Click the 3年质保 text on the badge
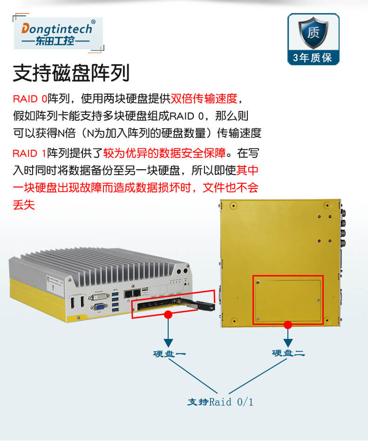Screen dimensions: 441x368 click(313, 58)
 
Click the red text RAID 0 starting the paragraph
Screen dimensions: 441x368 click(30, 99)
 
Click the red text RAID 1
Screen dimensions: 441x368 click(30, 152)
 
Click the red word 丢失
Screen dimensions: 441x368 click(24, 205)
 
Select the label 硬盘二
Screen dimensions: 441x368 click(288, 353)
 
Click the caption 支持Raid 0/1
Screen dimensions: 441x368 click(220, 402)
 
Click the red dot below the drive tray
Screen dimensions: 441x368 click(169, 315)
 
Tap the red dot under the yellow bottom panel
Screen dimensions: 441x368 click(288, 324)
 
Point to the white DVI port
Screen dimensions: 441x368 click(99, 297)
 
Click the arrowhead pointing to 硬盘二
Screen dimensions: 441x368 click(288, 343)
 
